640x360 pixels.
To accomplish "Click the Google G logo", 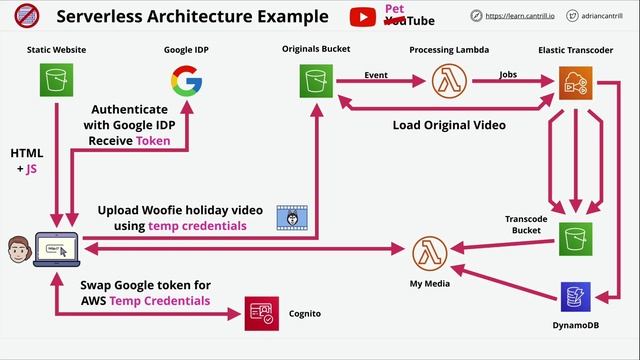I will point(186,81).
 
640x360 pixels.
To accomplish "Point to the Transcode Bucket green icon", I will point(576,238).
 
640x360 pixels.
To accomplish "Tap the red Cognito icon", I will point(260,314).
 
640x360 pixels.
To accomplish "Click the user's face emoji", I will point(17,247).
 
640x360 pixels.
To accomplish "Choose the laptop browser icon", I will point(55,247).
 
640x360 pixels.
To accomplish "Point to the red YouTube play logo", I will point(363,17).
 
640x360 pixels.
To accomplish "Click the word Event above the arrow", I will point(376,73).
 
